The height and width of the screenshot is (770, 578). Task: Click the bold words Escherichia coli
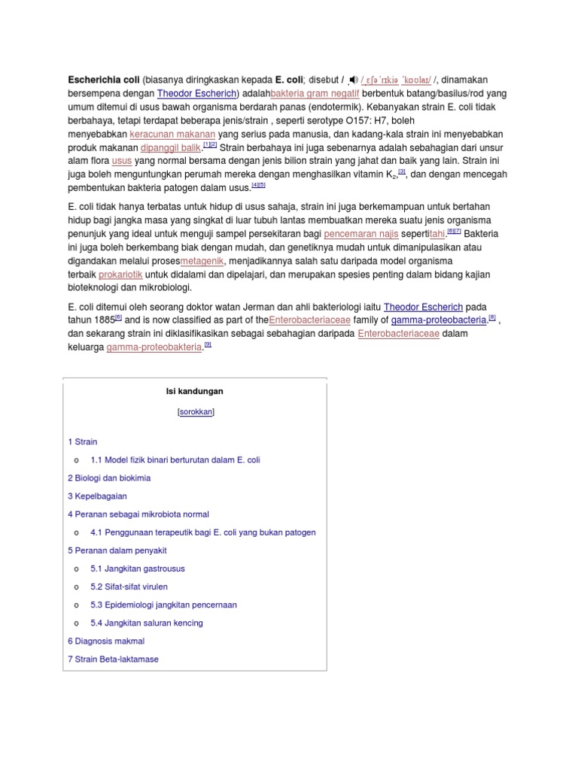(x=99, y=79)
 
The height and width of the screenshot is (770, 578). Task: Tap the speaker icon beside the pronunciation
(x=353, y=80)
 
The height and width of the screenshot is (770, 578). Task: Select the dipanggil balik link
(x=171, y=147)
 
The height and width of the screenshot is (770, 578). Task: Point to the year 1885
(x=103, y=320)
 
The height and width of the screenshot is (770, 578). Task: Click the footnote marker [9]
(x=208, y=345)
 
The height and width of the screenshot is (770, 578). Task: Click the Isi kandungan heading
(x=194, y=391)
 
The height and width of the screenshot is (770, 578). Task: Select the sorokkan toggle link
(x=196, y=412)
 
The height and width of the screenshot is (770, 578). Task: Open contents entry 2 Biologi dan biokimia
(x=109, y=477)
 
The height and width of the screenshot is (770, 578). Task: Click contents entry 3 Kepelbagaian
(x=97, y=496)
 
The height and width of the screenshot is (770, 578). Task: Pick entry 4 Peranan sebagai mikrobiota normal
(x=138, y=514)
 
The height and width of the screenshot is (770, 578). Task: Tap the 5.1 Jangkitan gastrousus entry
(x=137, y=568)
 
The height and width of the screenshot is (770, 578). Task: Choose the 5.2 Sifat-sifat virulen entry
(x=129, y=587)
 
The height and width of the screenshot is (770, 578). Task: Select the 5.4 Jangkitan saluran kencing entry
(x=146, y=623)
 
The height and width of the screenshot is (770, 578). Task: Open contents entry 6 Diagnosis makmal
(x=106, y=641)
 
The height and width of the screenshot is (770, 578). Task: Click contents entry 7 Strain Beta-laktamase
(x=113, y=659)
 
